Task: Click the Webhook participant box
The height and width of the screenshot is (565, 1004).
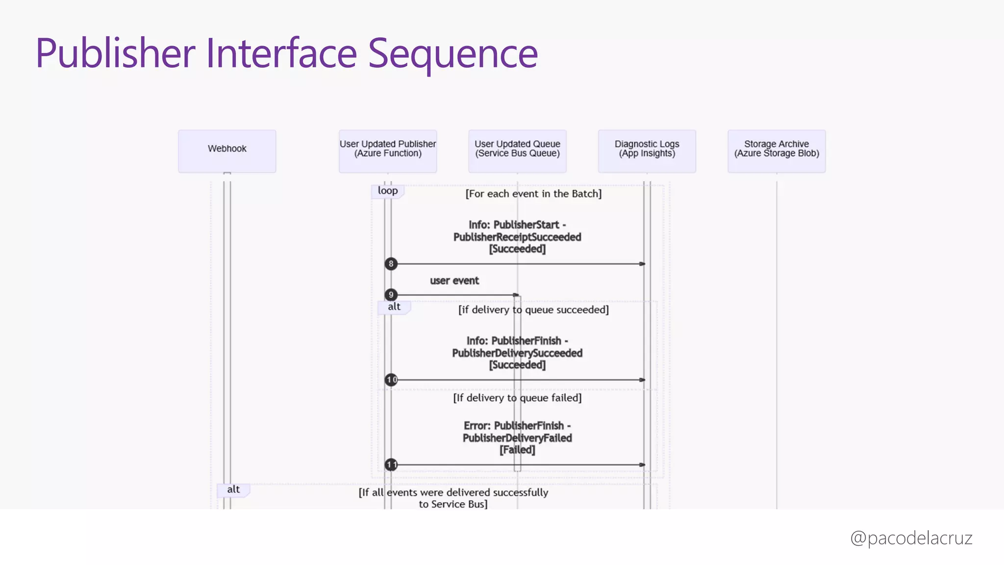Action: pyautogui.click(x=227, y=151)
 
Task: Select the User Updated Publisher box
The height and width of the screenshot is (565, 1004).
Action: pyautogui.click(x=388, y=151)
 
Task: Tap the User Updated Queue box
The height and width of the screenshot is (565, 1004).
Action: pyautogui.click(x=517, y=151)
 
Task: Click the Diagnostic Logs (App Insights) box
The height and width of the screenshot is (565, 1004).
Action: pyautogui.click(x=647, y=151)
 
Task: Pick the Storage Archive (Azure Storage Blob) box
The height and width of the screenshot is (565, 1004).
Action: pyautogui.click(x=777, y=151)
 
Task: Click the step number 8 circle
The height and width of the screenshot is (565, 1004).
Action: pyautogui.click(x=391, y=264)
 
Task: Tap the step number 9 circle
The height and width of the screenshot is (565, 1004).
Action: pyautogui.click(x=391, y=295)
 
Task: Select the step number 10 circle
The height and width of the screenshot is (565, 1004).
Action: pyautogui.click(x=391, y=380)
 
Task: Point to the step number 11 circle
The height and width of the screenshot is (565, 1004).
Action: pyautogui.click(x=391, y=464)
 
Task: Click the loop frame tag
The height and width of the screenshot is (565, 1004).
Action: pyautogui.click(x=387, y=191)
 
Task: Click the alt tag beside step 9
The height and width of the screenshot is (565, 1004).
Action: pyautogui.click(x=394, y=307)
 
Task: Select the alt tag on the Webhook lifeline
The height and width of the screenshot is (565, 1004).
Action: pyautogui.click(x=233, y=489)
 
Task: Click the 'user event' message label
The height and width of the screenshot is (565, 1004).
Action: pyautogui.click(x=454, y=281)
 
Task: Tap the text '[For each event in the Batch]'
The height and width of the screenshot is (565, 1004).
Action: pyautogui.click(x=533, y=194)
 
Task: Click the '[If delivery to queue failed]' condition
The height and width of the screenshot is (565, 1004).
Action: pyautogui.click(x=517, y=398)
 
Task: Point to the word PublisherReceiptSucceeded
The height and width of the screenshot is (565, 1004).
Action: pyautogui.click(x=517, y=237)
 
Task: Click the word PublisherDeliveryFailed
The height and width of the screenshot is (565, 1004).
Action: pyautogui.click(x=517, y=438)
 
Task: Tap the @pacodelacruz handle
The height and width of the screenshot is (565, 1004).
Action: pyautogui.click(x=911, y=538)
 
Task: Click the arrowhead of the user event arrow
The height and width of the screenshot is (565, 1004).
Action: pyautogui.click(x=516, y=295)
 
